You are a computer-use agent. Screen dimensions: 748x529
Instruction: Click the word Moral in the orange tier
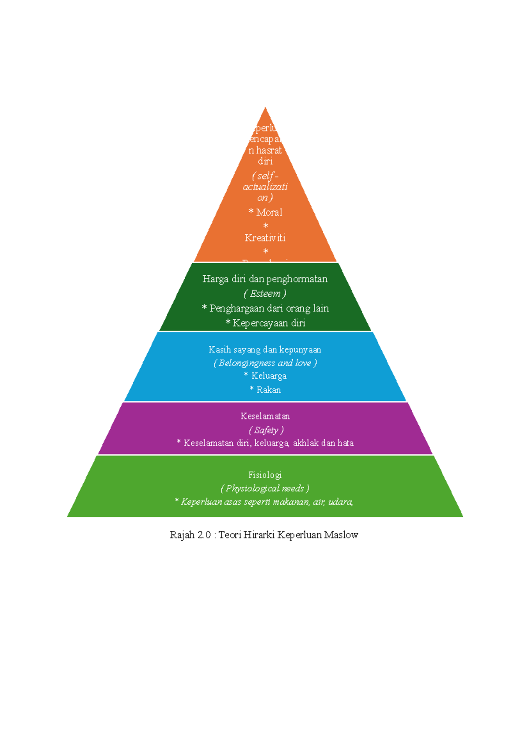(269, 213)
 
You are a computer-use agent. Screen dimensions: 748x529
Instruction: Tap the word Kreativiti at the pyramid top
(265, 238)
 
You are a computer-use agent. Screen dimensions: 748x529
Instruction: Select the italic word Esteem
(265, 294)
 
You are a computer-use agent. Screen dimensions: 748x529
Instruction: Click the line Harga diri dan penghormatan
(265, 279)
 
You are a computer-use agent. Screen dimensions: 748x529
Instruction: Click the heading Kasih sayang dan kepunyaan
(265, 350)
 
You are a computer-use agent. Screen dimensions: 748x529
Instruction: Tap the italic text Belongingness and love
(265, 363)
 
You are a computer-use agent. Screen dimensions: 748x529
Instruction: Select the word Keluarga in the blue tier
(269, 376)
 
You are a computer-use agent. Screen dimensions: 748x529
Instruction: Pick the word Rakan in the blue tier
(268, 390)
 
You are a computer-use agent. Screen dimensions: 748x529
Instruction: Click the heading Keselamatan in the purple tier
(265, 416)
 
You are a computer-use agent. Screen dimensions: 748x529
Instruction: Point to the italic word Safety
(266, 430)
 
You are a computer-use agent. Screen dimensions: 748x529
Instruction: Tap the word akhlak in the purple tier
(305, 443)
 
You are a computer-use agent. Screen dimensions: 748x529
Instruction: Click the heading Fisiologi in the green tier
(265, 475)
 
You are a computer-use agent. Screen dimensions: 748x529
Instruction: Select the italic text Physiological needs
(265, 488)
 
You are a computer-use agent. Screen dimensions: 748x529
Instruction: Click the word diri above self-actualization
(265, 161)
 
